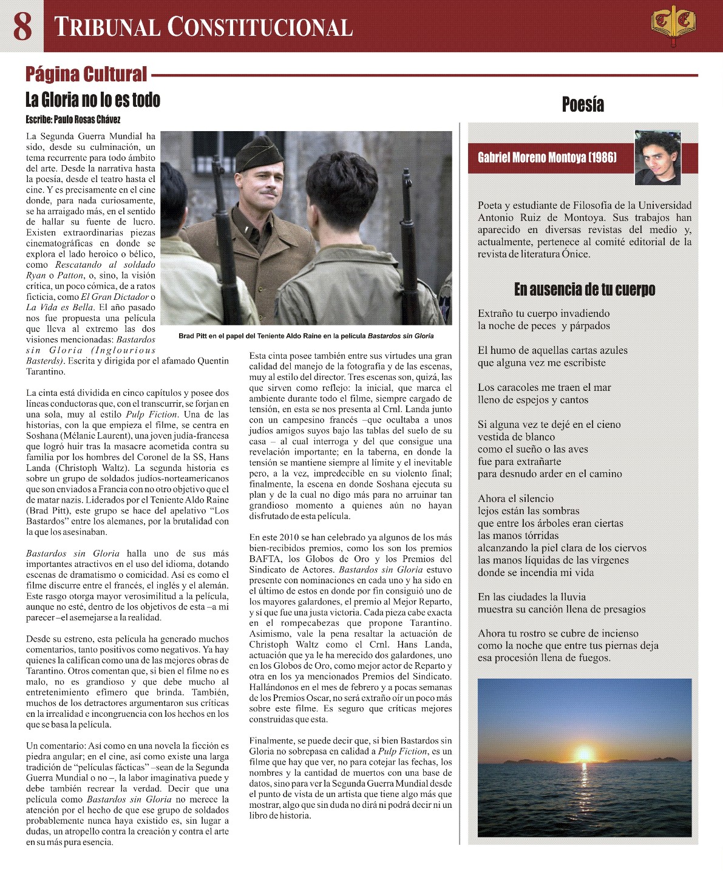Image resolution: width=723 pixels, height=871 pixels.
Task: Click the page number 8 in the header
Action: click(x=22, y=26)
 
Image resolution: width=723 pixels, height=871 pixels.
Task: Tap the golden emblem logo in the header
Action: click(x=673, y=26)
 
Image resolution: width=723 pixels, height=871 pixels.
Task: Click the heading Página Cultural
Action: click(x=86, y=74)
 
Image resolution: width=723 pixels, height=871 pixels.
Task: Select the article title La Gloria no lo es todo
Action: click(x=93, y=100)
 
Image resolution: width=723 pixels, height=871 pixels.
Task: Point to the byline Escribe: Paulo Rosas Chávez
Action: click(x=73, y=120)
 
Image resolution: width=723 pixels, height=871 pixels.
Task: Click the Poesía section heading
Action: click(x=583, y=104)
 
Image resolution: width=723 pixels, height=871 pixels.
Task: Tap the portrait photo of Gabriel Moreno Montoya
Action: click(x=657, y=158)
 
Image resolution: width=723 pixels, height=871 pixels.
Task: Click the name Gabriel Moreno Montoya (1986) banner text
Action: click(x=547, y=158)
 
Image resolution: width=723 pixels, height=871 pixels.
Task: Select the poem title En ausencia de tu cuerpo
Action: click(x=584, y=290)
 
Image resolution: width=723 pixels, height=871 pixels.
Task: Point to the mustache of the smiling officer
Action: click(x=265, y=192)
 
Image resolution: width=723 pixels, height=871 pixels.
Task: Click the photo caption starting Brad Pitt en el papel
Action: click(x=306, y=336)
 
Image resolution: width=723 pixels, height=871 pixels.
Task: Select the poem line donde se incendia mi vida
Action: click(x=535, y=572)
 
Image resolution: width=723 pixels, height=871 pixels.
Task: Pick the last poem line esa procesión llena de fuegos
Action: click(x=544, y=658)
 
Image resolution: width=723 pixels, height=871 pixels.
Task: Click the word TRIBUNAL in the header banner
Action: click(x=106, y=27)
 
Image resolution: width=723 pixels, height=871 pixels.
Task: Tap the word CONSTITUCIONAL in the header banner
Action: click(x=260, y=27)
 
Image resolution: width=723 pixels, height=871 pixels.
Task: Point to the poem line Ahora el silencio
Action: click(x=515, y=499)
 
